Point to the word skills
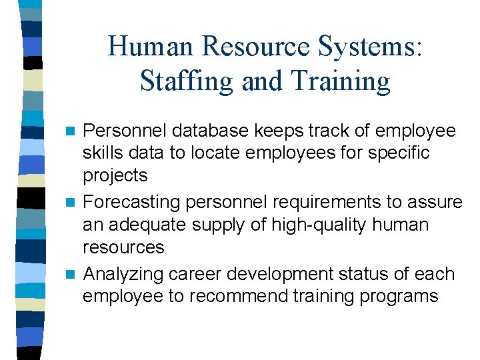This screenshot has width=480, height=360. tap(103, 153)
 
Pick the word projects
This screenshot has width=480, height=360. tap(115, 176)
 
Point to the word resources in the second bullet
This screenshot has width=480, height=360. tap(123, 247)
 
